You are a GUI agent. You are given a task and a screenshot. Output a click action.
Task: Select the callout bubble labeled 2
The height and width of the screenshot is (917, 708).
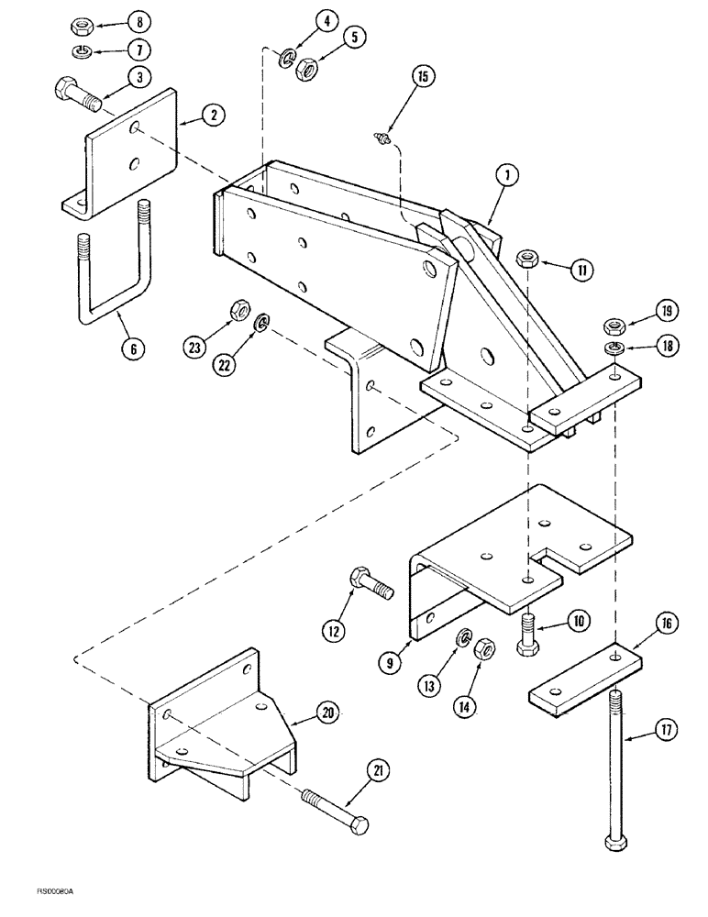[213, 116]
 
